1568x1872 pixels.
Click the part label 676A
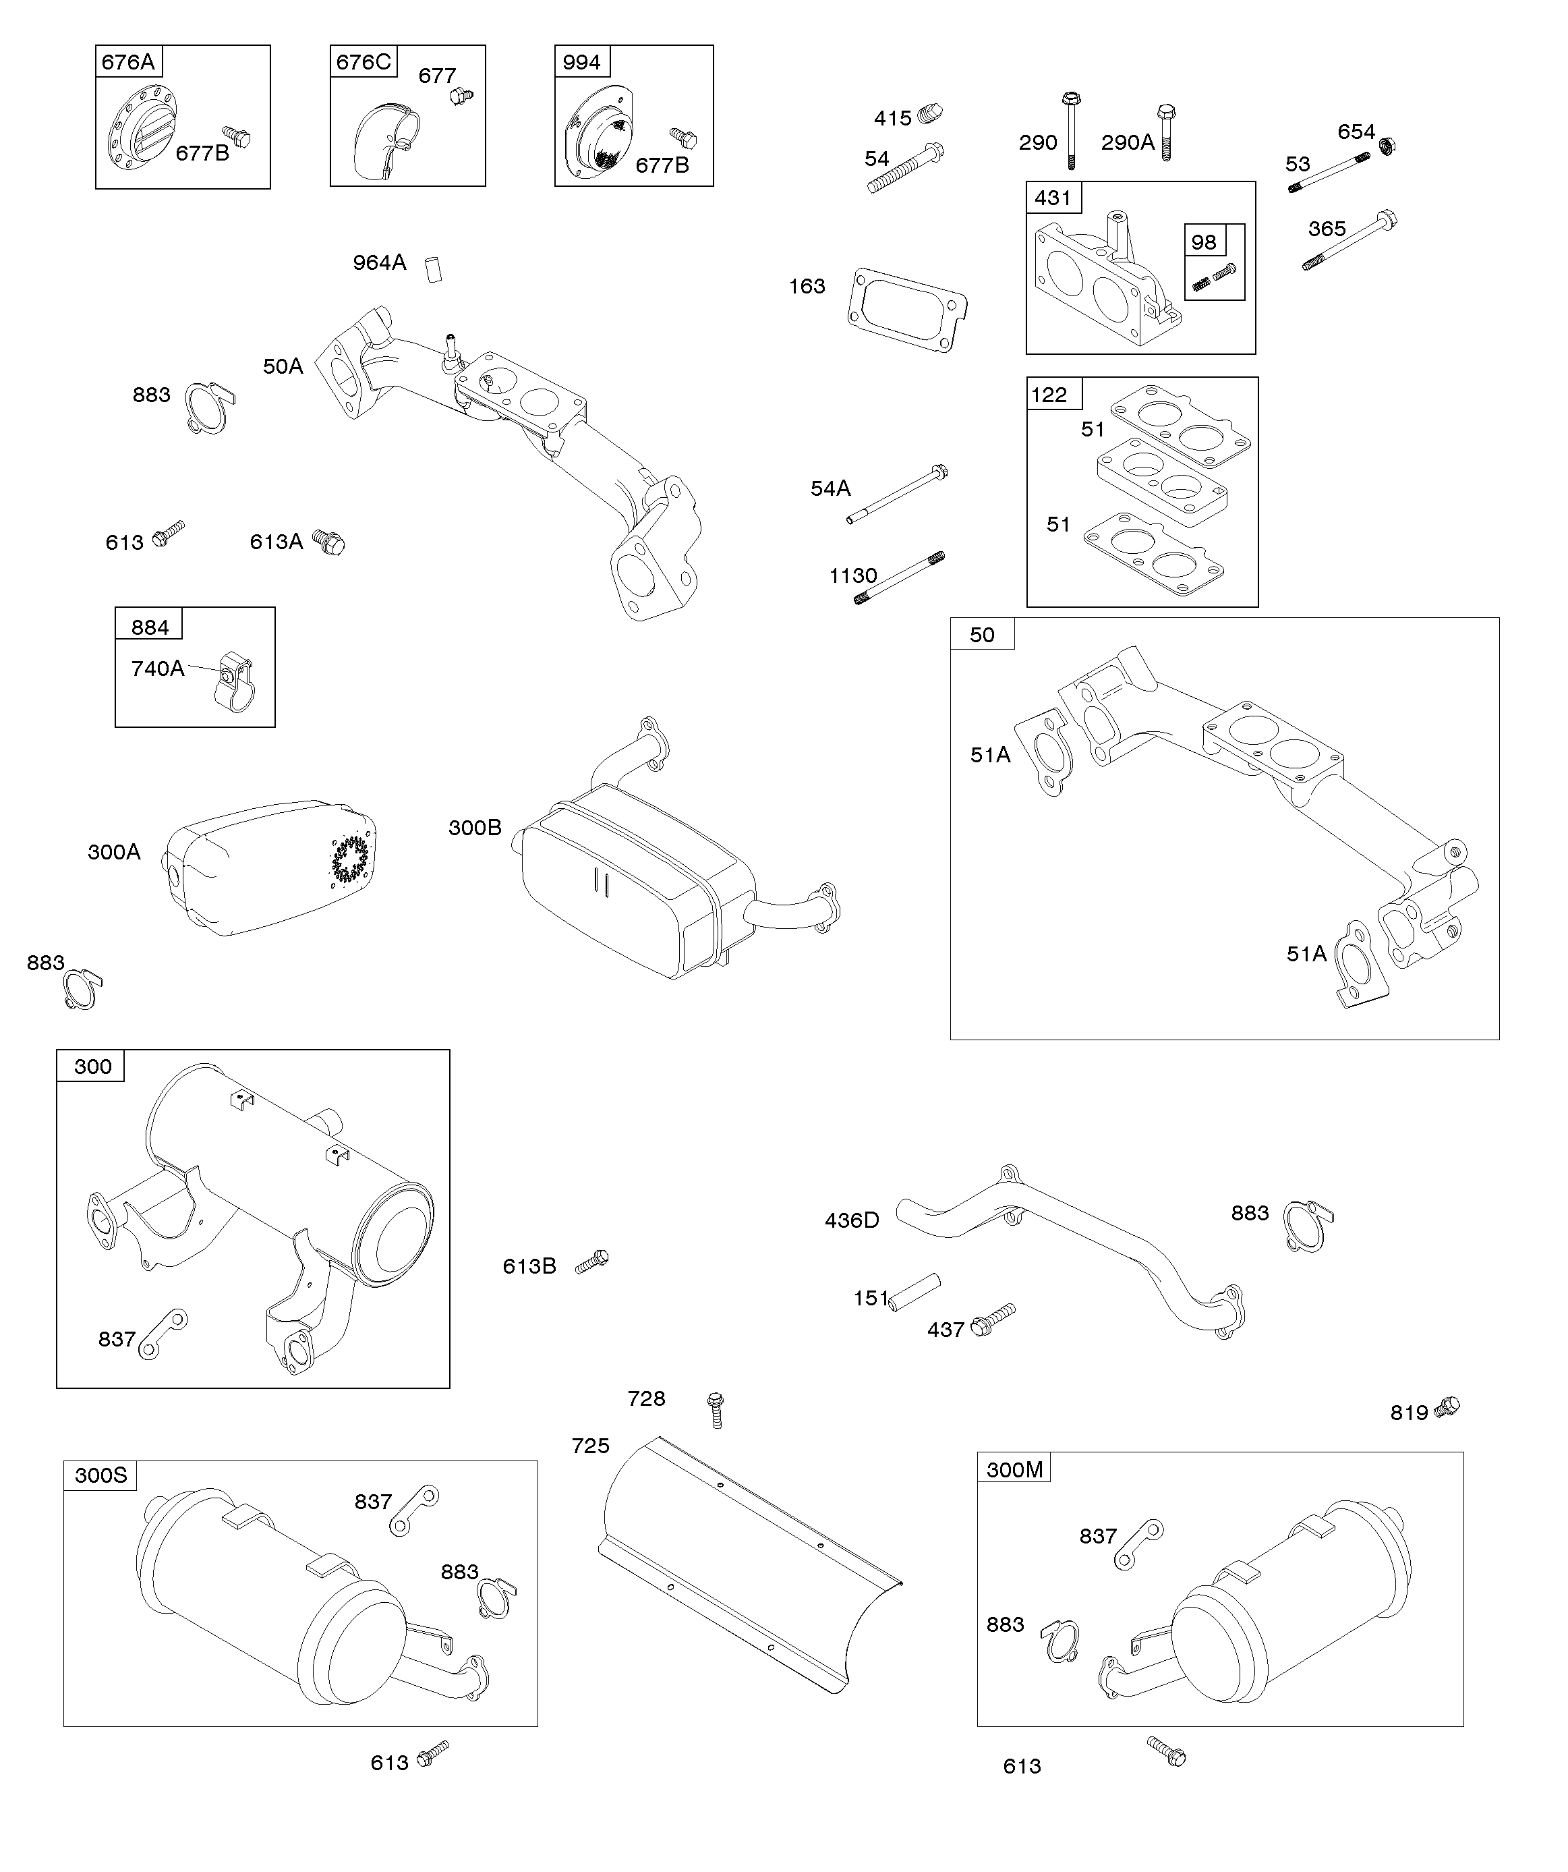pyautogui.click(x=127, y=61)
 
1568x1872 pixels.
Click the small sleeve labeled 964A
pyautogui.click(x=434, y=268)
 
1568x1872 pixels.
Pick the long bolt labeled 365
pyautogui.click(x=1349, y=241)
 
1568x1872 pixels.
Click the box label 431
pyautogui.click(x=1053, y=197)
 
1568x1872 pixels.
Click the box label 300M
pyautogui.click(x=1014, y=1469)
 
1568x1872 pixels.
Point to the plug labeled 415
pyautogui.click(x=930, y=114)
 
